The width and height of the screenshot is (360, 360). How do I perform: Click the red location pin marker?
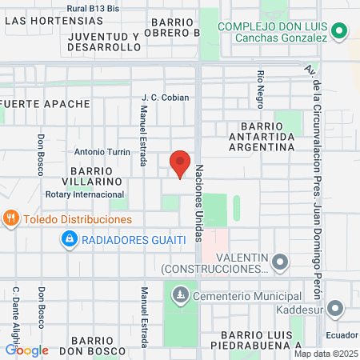180,163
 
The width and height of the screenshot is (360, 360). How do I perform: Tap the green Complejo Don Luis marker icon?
339,32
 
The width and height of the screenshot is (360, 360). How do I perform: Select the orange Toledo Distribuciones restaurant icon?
10,217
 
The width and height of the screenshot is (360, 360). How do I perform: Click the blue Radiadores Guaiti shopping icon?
70,239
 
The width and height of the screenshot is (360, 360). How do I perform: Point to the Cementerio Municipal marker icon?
181,295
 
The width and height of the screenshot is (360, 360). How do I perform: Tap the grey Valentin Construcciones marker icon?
280,262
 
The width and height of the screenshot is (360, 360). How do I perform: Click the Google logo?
26,350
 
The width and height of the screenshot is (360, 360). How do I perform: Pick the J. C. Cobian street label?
165,98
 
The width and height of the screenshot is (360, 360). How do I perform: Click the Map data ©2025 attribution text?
325,354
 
